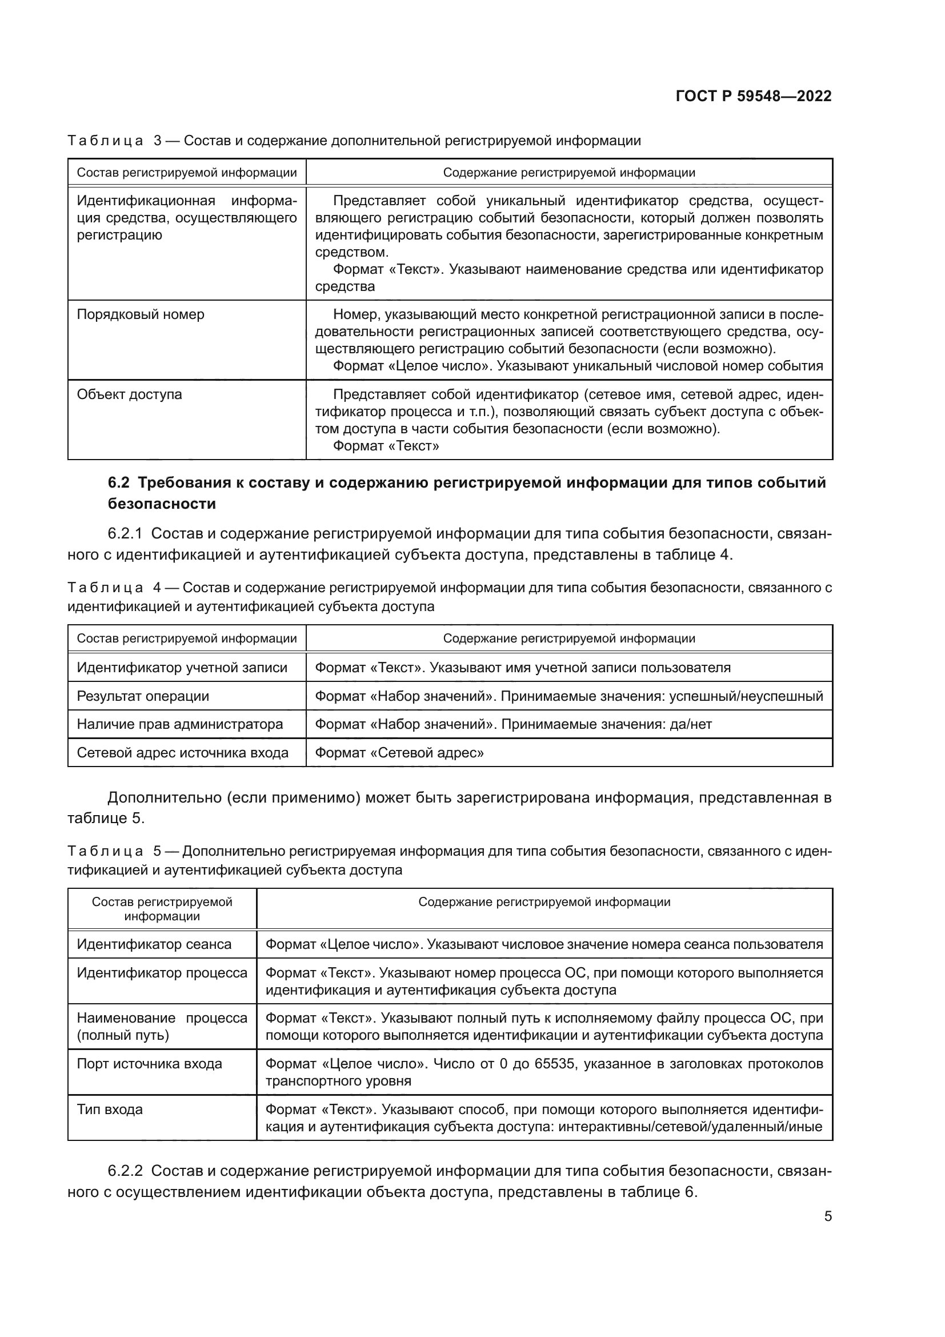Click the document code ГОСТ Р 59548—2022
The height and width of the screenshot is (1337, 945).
click(x=753, y=97)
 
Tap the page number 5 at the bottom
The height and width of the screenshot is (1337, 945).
click(x=827, y=1216)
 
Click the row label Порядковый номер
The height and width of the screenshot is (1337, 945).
click(x=140, y=315)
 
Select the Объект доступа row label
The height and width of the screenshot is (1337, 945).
click(x=129, y=395)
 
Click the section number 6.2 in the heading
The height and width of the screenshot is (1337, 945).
click(x=119, y=483)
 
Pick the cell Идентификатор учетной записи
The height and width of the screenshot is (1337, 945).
click(x=182, y=668)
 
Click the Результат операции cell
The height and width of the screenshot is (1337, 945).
click(x=143, y=696)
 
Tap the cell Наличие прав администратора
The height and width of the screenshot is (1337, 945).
click(x=179, y=724)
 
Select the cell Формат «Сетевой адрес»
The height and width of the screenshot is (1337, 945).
click(x=399, y=753)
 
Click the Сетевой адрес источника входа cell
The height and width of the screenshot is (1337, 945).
click(x=182, y=753)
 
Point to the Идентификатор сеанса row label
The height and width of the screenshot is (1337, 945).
click(x=154, y=944)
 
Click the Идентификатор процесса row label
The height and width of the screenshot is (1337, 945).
click(x=162, y=973)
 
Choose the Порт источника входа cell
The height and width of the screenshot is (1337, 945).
click(x=149, y=1064)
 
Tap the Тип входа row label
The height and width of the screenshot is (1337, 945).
click(x=109, y=1109)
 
